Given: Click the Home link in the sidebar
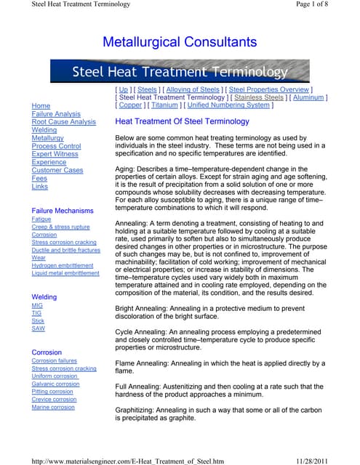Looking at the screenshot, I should pos(41,106).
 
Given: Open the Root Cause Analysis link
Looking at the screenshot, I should pos(64,122).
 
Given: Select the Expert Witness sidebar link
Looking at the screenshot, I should pos(55,154).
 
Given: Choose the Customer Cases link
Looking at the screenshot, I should pos(57,170).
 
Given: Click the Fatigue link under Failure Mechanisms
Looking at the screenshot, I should pos(41,219).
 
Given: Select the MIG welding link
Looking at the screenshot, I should pos(38,306).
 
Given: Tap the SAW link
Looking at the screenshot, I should pos(39,328).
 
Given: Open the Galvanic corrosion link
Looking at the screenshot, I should pos(56,384).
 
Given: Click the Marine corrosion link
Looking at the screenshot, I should pos(53,407).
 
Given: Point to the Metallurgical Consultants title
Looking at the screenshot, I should pos(180,42).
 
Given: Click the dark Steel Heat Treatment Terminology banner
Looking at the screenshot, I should pos(180,71).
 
